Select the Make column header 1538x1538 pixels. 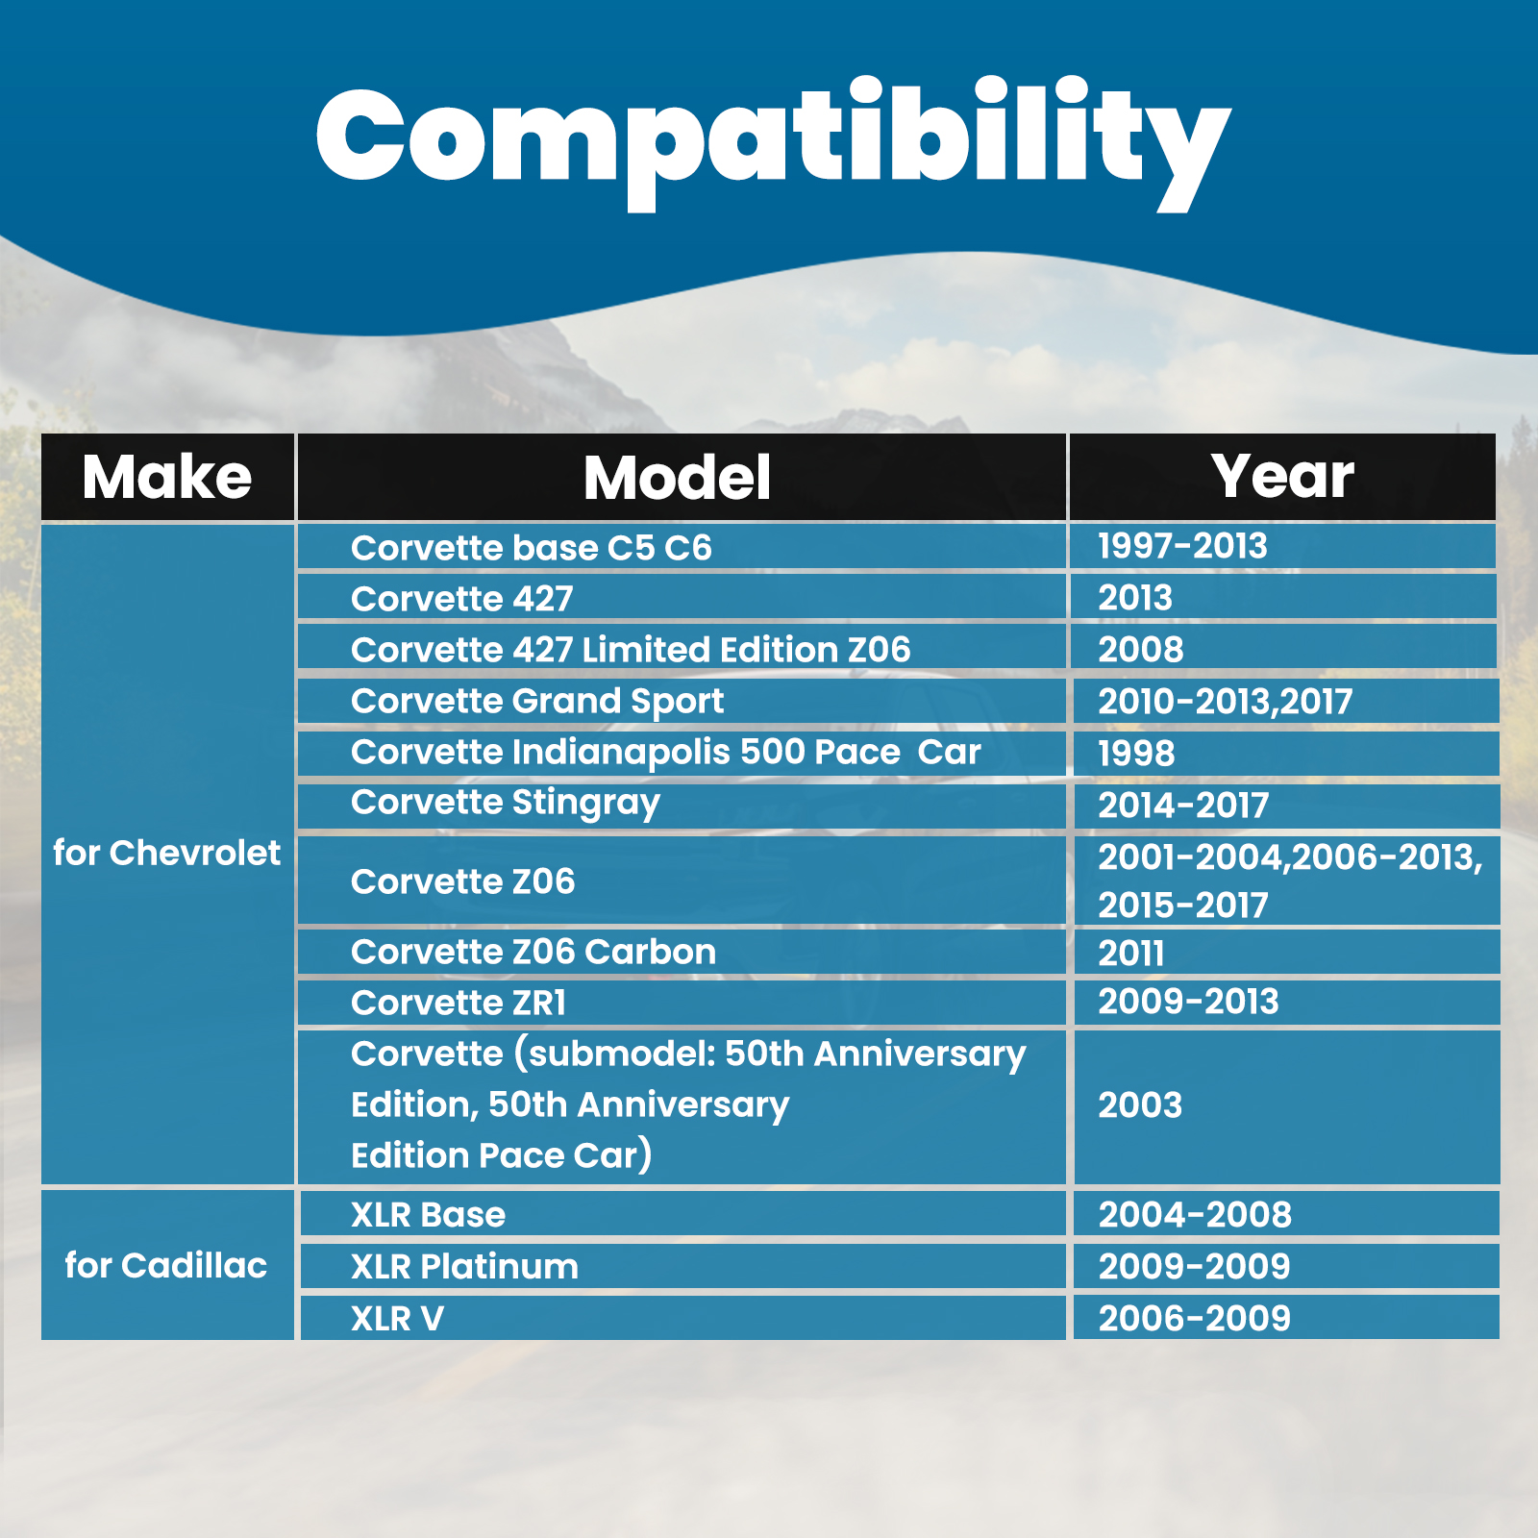coord(167,477)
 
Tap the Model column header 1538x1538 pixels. coord(678,478)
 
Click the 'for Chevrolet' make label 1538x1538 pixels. coord(166,853)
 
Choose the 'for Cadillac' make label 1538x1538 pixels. coord(166,1265)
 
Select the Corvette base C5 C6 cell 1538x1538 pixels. coord(532,548)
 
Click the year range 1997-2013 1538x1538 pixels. coord(1182,546)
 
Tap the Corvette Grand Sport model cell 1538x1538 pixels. coord(537,702)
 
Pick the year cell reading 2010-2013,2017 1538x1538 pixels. coord(1226,702)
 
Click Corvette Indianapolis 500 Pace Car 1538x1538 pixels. coord(666,753)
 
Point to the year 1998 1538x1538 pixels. coord(1136,754)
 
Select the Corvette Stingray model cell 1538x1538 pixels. coord(506,804)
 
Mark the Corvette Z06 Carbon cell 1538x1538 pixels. coord(533,952)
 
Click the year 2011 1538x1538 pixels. coord(1131,954)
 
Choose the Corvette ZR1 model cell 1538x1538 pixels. coord(459,1003)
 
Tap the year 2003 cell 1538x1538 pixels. coord(1140,1105)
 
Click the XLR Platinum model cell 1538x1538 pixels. coord(465,1267)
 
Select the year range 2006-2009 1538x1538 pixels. coord(1194,1319)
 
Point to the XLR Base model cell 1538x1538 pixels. coord(428,1215)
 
